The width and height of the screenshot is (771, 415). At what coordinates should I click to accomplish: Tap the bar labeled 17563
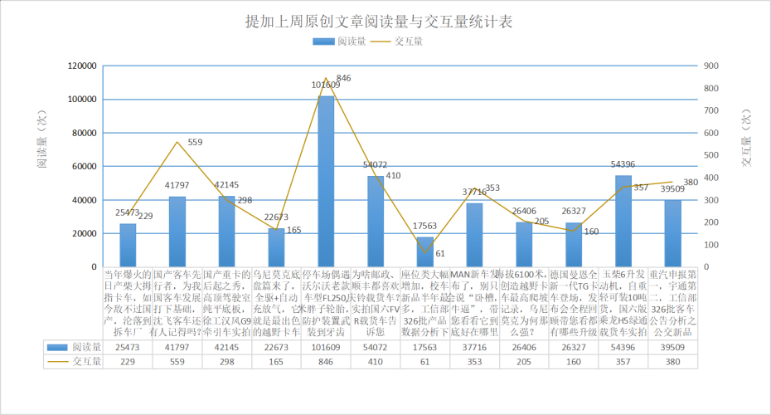[x=424, y=251]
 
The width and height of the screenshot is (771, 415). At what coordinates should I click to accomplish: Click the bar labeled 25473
[x=128, y=245]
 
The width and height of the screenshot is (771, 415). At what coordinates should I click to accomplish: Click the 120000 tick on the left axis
[x=81, y=66]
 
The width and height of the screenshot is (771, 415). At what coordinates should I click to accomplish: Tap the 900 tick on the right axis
[x=711, y=66]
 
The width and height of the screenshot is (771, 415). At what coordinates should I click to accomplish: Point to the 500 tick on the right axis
[x=711, y=155]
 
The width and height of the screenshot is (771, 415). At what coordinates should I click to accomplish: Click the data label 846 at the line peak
[x=344, y=78]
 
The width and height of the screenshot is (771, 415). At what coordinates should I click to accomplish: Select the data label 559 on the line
[x=195, y=143]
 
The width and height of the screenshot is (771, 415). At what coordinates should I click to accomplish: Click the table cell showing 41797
[x=177, y=347]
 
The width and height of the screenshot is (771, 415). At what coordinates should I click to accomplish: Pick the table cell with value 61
[x=424, y=361]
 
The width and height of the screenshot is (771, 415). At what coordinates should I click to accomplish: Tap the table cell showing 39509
[x=672, y=347]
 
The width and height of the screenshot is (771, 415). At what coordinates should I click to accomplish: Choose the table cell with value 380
[x=672, y=361]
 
